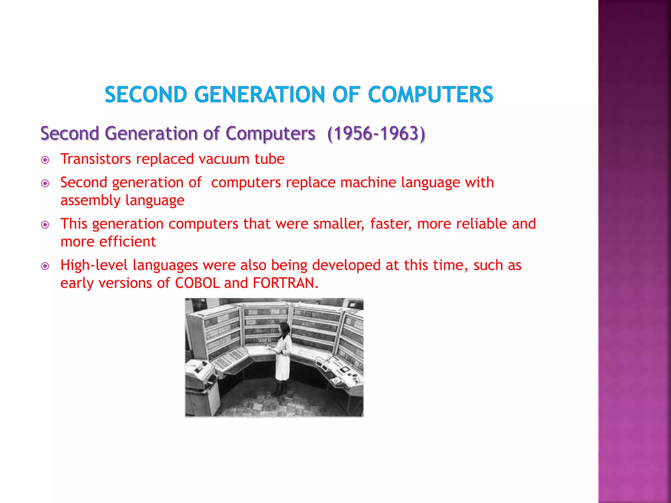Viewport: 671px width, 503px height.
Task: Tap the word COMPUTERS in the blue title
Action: [430, 95]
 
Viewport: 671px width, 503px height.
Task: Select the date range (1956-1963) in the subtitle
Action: [376, 134]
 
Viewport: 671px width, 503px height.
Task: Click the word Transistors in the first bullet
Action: [96, 159]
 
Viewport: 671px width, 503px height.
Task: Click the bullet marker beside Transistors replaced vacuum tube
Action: [45, 160]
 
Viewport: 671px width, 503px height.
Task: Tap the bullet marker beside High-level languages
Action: [45, 266]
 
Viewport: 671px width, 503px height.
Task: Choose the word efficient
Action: [128, 242]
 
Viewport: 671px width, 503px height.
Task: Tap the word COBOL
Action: [197, 283]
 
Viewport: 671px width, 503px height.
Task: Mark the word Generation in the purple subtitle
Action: [151, 134]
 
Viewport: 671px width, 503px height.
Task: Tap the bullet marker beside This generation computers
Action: [45, 225]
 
